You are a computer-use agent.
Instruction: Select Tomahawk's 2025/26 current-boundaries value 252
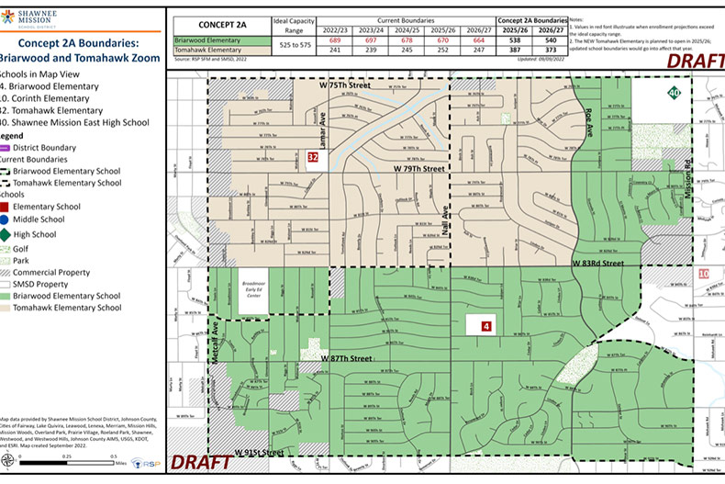pyautogui.click(x=443, y=51)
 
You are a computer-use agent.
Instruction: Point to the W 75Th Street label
pyautogui.click(x=345, y=84)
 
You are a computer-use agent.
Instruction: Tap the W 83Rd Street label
pyautogui.click(x=598, y=264)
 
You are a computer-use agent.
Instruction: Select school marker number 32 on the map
pyautogui.click(x=313, y=158)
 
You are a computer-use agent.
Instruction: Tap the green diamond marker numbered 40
pyautogui.click(x=673, y=93)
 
